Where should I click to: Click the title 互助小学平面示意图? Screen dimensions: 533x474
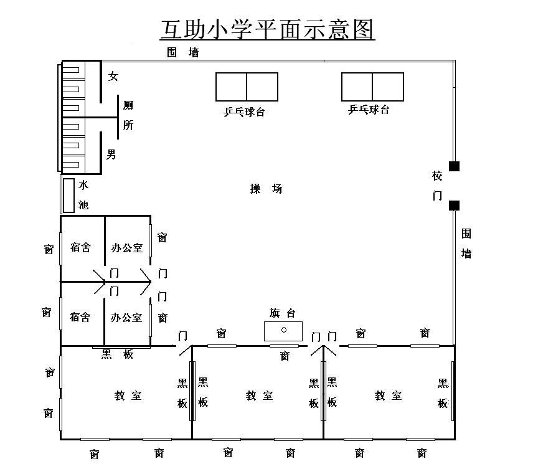tap(267, 29)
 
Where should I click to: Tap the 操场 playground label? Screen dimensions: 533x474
tap(266, 188)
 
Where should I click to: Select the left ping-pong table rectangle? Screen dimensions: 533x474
tap(247, 87)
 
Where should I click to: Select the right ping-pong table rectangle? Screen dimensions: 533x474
tap(372, 87)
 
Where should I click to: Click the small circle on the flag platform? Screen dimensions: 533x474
tap(284, 330)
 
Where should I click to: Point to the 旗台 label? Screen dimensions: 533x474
tap(282, 313)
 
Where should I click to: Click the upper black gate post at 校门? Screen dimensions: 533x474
tap(454, 166)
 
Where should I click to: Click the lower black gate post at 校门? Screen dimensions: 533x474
tap(454, 206)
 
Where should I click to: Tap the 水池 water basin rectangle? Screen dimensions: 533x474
tap(68, 196)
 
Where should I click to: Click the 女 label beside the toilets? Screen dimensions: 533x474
tap(113, 76)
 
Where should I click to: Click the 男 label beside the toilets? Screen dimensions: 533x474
tap(111, 154)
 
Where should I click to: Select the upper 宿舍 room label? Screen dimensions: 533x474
tap(80, 247)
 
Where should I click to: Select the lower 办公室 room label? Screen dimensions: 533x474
tap(126, 318)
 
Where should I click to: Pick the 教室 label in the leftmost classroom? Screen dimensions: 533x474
tap(128, 396)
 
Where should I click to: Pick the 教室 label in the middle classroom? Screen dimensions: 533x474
tap(259, 396)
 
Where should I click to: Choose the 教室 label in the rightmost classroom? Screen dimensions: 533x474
tap(388, 396)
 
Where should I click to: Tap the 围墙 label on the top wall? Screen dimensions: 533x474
tap(183, 52)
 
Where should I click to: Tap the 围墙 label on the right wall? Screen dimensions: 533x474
tap(466, 244)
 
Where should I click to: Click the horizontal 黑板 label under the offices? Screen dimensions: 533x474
tap(117, 354)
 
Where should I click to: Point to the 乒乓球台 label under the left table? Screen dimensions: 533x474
tap(244, 112)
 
